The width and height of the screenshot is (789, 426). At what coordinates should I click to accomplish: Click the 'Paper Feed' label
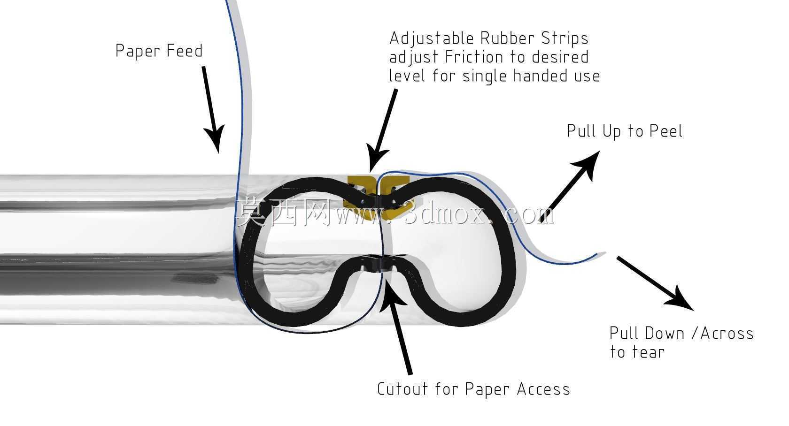click(159, 51)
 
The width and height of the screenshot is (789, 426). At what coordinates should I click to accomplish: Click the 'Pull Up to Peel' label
click(625, 131)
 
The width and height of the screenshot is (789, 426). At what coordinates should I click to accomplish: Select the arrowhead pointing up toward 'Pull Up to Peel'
click(587, 164)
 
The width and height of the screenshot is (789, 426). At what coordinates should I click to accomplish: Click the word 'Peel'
click(666, 131)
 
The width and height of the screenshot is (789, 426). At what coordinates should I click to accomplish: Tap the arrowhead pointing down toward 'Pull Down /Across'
click(680, 299)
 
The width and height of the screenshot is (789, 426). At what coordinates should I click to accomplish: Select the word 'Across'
click(727, 334)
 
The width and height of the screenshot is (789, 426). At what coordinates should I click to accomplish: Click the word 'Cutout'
click(402, 389)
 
